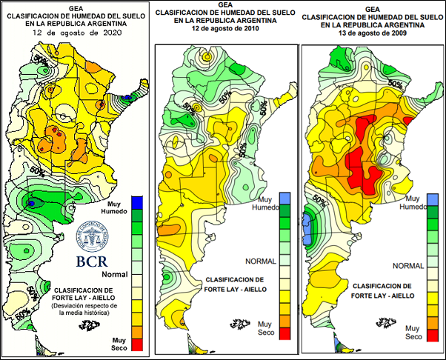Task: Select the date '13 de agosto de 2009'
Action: point(372,33)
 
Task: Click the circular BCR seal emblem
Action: point(96,237)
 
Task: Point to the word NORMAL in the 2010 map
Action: point(262,261)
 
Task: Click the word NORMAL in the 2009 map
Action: point(408,265)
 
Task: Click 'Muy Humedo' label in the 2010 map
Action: point(264,204)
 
